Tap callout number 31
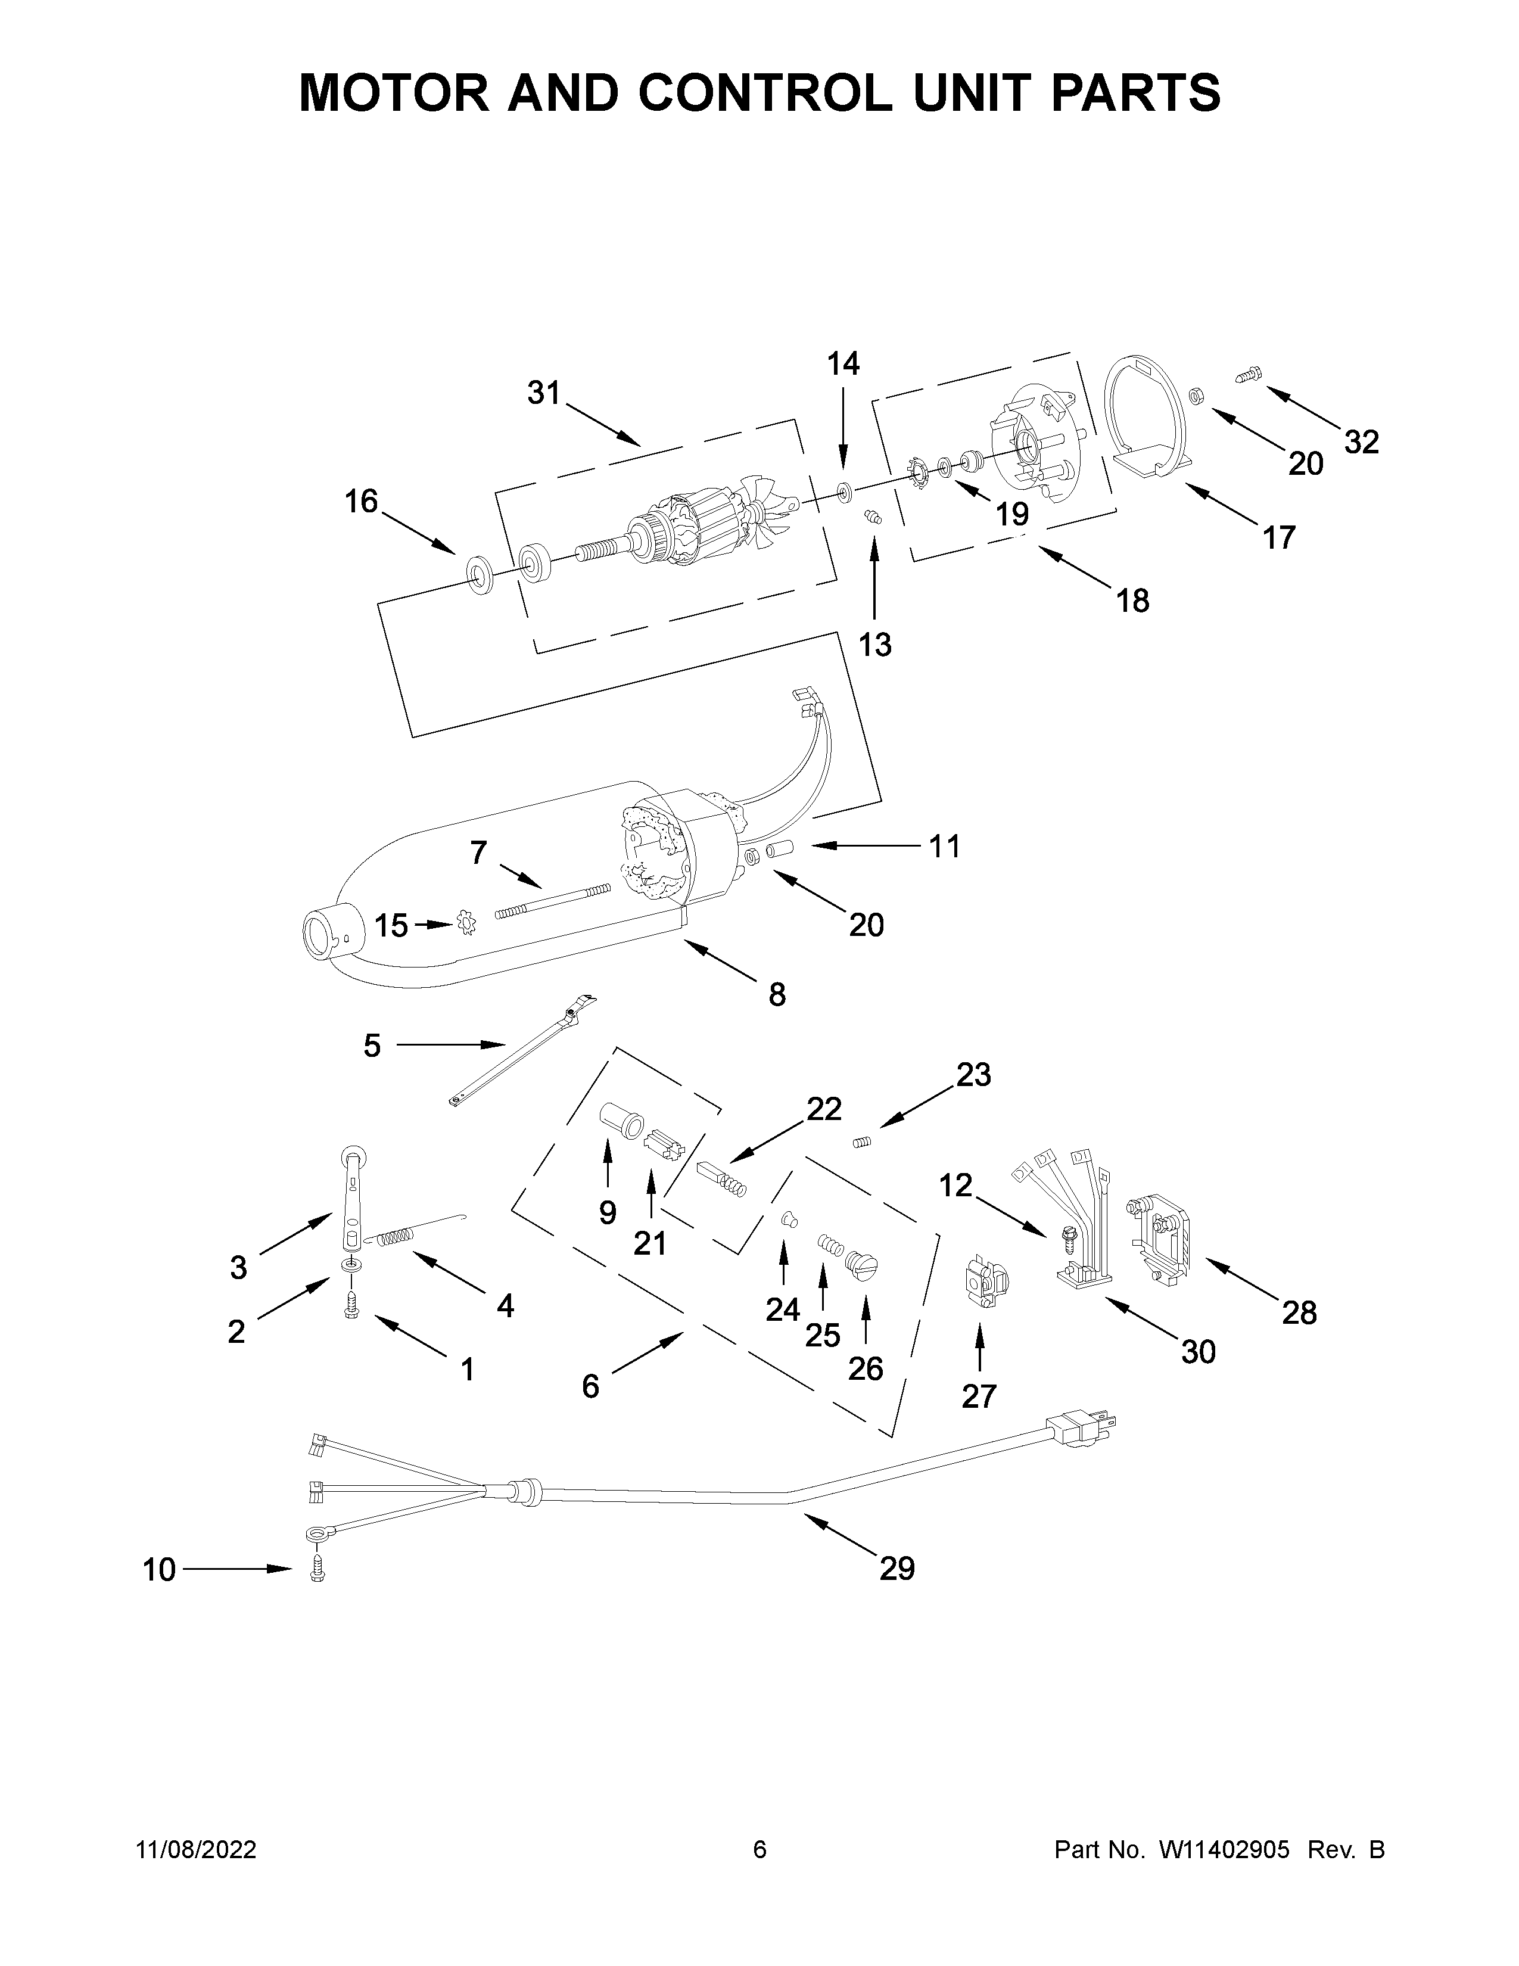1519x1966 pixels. pos(543,393)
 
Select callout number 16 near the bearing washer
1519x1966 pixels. pos(361,502)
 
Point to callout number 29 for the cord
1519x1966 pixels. pos(897,1569)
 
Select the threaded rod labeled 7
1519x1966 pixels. pos(552,901)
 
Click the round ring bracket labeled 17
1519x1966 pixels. pos(1145,416)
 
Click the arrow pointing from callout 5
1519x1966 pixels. pos(450,1044)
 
